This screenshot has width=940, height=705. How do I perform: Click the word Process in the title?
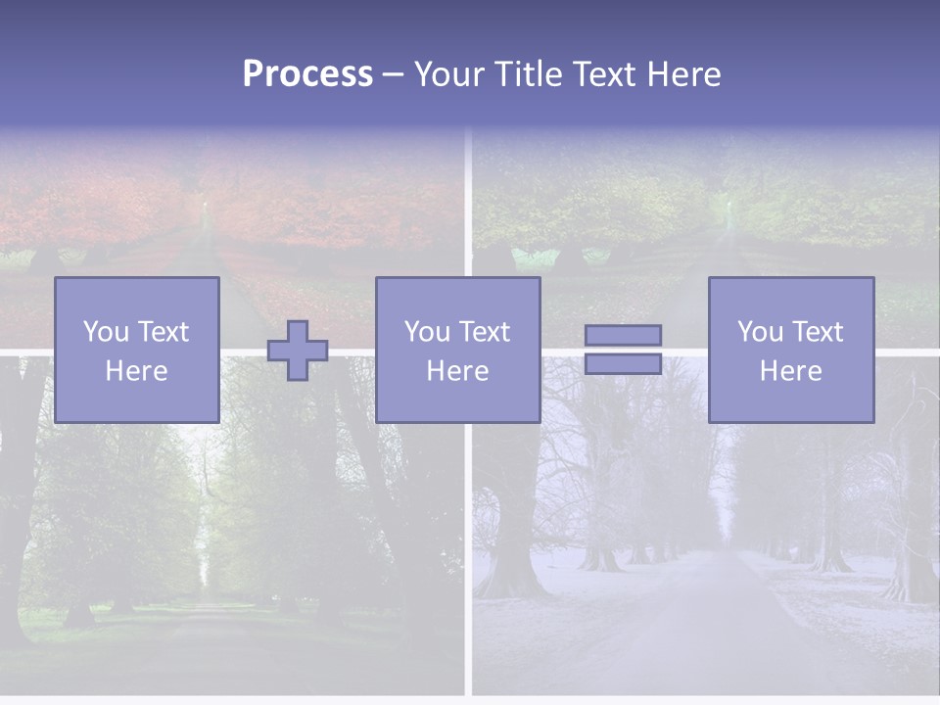pyautogui.click(x=307, y=74)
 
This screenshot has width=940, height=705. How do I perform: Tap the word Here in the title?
pyautogui.click(x=681, y=74)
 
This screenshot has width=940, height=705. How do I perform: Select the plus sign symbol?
pyautogui.click(x=298, y=351)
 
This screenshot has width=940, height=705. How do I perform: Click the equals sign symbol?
pyautogui.click(x=623, y=350)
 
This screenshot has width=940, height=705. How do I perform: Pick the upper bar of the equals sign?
pyautogui.click(x=623, y=336)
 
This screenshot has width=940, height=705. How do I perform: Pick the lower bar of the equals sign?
pyautogui.click(x=623, y=363)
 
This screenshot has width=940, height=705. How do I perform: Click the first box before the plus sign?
pyautogui.click(x=137, y=350)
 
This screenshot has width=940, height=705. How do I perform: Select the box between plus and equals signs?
pyautogui.click(x=458, y=350)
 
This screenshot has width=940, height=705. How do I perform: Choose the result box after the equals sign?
pyautogui.click(x=791, y=350)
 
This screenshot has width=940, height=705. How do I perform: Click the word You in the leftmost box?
pyautogui.click(x=104, y=332)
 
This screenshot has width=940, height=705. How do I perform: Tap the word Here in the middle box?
pyautogui.click(x=458, y=371)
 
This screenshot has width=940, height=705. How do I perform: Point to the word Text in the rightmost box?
pyautogui.click(x=816, y=332)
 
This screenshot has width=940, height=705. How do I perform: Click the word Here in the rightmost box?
pyautogui.click(x=791, y=371)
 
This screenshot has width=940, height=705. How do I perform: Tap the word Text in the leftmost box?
pyautogui.click(x=162, y=332)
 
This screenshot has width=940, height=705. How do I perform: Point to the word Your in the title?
pyautogui.click(x=450, y=74)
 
